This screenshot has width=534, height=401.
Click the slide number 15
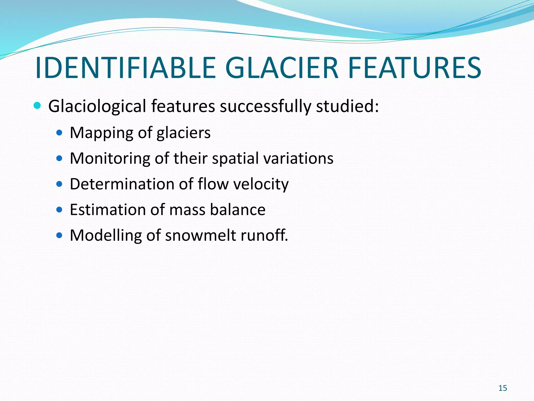503,388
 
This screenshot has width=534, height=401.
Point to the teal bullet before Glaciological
37,106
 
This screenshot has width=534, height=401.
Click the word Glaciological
97,107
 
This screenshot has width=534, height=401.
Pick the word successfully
265,107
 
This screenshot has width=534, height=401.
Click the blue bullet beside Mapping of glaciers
59,133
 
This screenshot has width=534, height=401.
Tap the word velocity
261,184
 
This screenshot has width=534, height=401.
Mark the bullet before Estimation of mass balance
59,210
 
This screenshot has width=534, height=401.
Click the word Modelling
106,235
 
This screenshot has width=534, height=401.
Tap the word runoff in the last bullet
264,235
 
